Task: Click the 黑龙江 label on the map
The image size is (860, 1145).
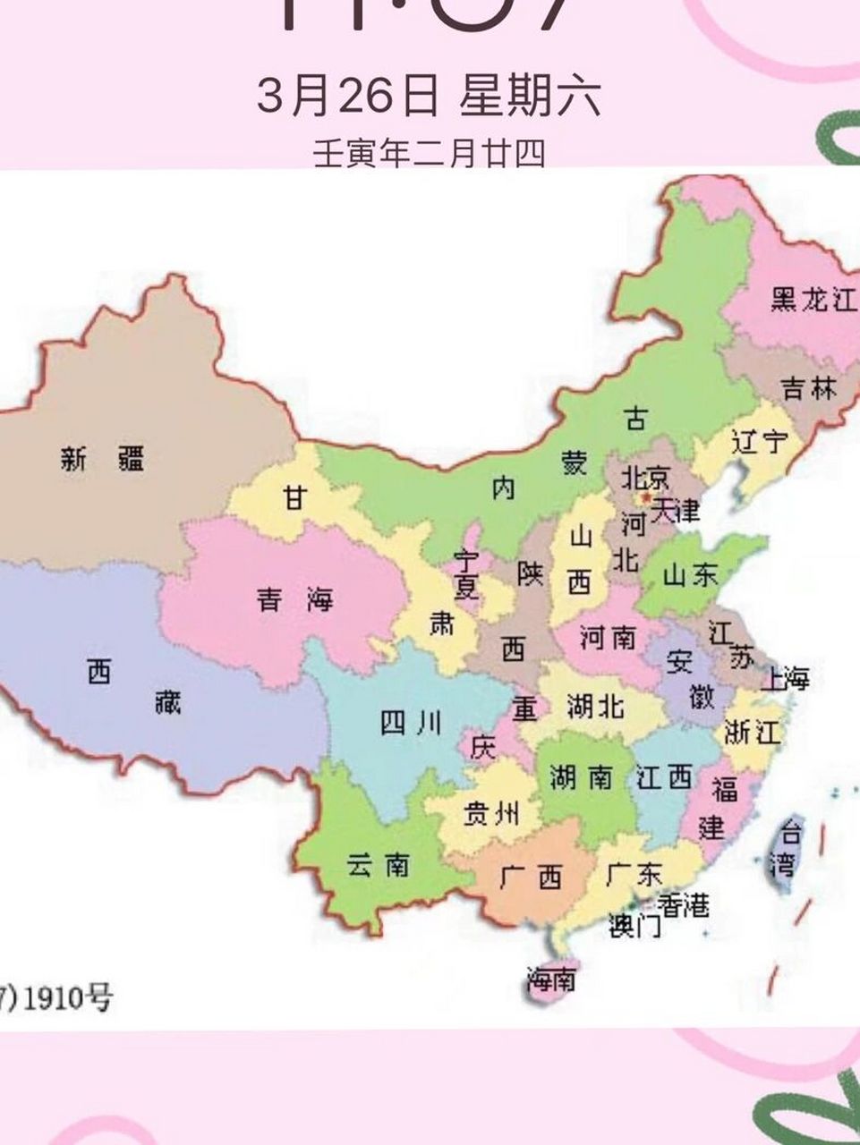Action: coord(813,301)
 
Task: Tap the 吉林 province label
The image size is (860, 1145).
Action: coord(808,388)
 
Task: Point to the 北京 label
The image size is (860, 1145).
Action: coord(645,475)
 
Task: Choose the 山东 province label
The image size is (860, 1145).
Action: coord(690,574)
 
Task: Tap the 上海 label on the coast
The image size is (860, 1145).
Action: coord(785,679)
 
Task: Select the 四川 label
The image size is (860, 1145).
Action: coord(411,723)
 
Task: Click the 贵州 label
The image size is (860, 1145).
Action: coord(490,813)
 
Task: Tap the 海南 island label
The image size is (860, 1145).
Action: coord(550,980)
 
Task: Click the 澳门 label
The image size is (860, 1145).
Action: coord(634,926)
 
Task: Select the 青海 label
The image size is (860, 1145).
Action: coord(294,598)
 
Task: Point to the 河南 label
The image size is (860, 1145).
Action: coord(608,638)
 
